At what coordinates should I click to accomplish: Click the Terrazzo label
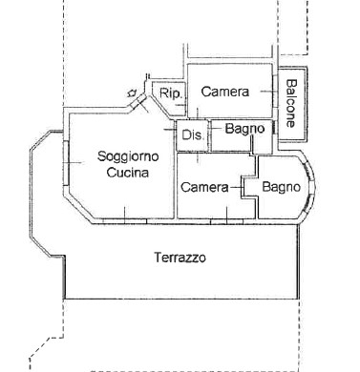[x=180, y=258]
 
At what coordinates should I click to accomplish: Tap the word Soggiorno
[x=128, y=156]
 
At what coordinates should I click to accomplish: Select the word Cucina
[x=128, y=173]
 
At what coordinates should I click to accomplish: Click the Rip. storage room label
[x=172, y=93]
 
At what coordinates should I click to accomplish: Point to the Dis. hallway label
[x=192, y=134]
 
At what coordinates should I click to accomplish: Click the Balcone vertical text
[x=291, y=103]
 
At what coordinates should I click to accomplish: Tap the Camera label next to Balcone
[x=225, y=92]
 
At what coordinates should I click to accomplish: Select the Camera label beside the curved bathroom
[x=204, y=187]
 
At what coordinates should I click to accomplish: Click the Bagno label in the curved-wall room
[x=282, y=187]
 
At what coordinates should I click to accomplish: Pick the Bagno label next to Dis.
[x=244, y=129]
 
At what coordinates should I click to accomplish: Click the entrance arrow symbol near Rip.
[x=132, y=93]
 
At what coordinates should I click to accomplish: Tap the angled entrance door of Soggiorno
[x=138, y=102]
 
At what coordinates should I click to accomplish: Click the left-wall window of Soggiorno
[x=66, y=163]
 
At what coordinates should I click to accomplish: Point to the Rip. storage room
[x=170, y=99]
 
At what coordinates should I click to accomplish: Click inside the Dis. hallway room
[x=192, y=135]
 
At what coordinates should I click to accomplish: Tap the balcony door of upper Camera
[x=275, y=92]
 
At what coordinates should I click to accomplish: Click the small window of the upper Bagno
[x=274, y=128]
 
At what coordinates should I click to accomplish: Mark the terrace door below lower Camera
[x=226, y=220]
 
